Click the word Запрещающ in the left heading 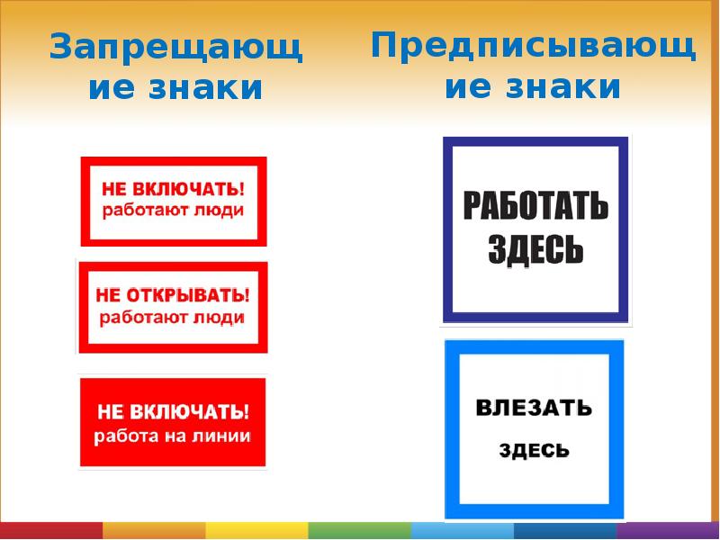(175, 49)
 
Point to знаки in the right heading (564, 87)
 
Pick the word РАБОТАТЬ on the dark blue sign (536, 209)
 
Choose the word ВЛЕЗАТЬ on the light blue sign (534, 408)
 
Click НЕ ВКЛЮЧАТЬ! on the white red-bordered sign (173, 189)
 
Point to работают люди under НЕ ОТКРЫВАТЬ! (173, 317)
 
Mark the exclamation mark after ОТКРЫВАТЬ (246, 294)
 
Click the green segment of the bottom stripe (359, 530)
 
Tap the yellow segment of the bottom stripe (256, 530)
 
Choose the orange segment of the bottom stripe (154, 530)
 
